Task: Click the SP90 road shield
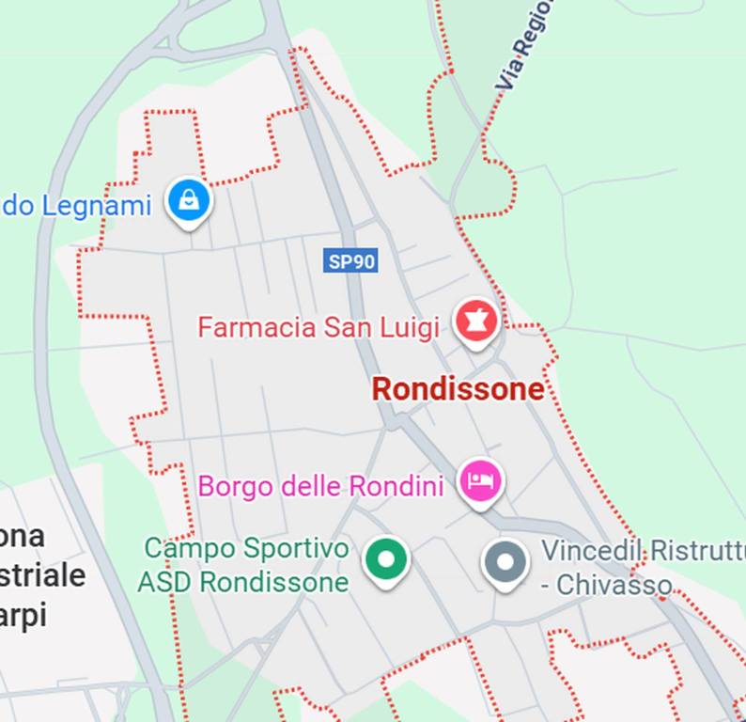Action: [351, 260]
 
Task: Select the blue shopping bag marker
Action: [189, 200]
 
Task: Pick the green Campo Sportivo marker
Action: [386, 559]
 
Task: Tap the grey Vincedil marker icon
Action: [505, 562]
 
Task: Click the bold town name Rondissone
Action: [458, 388]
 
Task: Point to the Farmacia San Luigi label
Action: [318, 327]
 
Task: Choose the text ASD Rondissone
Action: [242, 583]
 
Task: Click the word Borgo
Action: [231, 487]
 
